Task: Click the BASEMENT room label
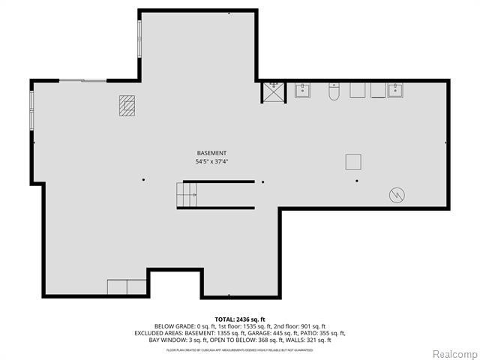coord(211,153)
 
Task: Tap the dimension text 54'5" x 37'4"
coord(211,161)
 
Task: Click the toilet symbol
coord(334,91)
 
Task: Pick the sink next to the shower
coord(303,91)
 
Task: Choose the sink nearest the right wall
coord(395,91)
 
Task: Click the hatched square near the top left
coord(127,106)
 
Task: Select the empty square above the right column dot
coord(353,161)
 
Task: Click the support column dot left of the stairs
coord(144,180)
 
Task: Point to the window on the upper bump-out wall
coord(139,37)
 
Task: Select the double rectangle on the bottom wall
coord(127,287)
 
